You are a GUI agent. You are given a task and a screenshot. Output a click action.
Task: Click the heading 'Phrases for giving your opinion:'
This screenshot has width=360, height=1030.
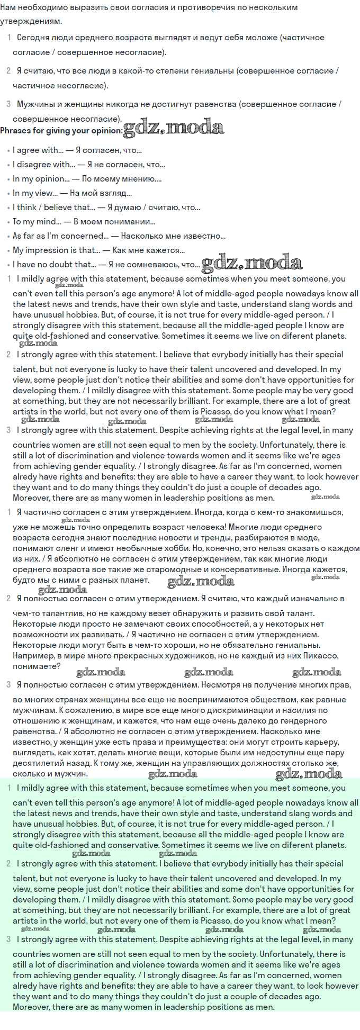point(61,131)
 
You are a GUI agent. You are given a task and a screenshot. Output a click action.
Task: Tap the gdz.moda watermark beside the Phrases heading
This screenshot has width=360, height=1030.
point(174,128)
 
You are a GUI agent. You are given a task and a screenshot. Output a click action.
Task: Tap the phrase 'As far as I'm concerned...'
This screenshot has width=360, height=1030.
point(59,236)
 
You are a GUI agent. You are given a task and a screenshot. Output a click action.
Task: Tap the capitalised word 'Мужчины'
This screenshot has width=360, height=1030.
point(36,104)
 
